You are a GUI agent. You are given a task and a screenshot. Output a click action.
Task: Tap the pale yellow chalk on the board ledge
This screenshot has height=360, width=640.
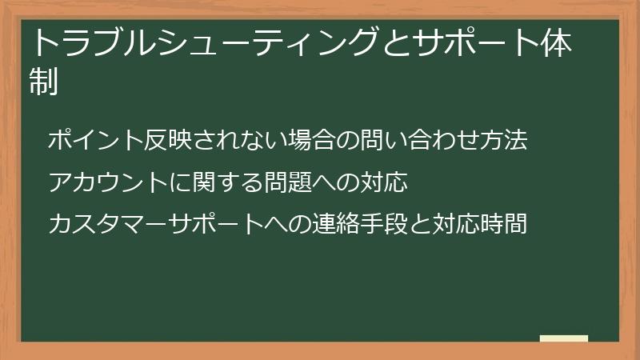(564, 338)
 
